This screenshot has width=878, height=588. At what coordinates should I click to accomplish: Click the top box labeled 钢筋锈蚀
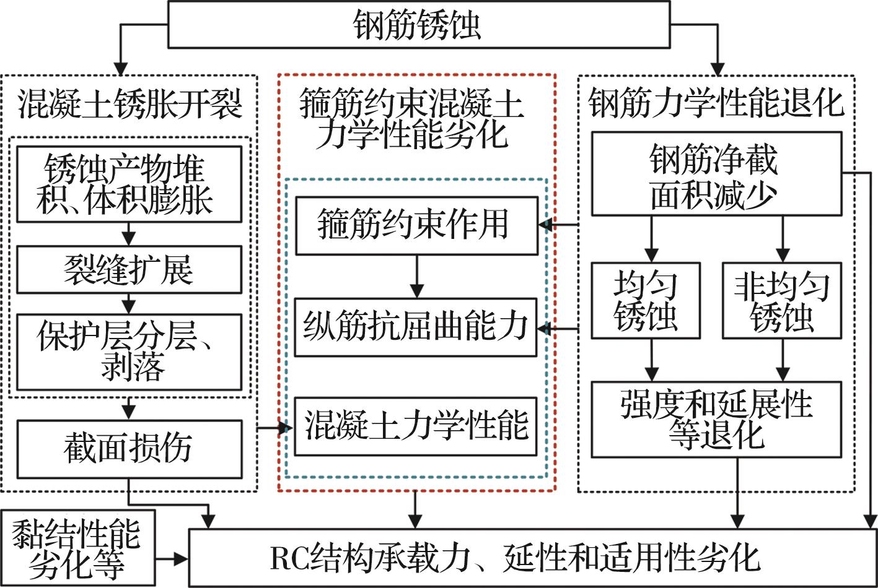418,25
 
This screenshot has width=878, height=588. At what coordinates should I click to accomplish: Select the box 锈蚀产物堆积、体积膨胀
129,184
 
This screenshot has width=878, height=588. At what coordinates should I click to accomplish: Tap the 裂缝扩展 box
129,269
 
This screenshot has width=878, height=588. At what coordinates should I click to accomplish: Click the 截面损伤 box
129,449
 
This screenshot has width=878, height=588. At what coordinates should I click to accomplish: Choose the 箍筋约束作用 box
416,225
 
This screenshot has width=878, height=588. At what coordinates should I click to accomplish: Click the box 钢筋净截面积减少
716,174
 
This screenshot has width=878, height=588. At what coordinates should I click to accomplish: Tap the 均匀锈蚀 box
646,301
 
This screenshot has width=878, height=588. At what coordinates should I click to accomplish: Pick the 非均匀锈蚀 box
782,301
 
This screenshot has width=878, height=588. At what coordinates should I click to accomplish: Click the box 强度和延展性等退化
716,419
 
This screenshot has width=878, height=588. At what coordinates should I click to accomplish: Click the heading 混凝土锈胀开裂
129,104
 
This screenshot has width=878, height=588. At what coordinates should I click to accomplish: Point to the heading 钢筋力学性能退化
716,103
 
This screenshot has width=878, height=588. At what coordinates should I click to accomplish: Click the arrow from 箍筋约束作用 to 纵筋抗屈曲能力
417,276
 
